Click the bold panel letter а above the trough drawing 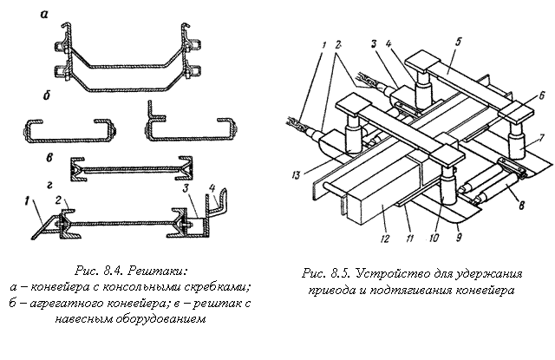[x=44, y=15]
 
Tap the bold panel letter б [x=47, y=95]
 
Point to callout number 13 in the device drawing [x=297, y=175]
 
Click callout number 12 [x=385, y=239]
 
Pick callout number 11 [x=409, y=239]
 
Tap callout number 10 [x=434, y=238]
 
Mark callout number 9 [x=459, y=237]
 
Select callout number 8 [x=521, y=205]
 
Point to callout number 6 [x=541, y=95]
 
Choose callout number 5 [x=458, y=42]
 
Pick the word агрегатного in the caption [x=67, y=304]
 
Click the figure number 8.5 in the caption [x=341, y=273]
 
